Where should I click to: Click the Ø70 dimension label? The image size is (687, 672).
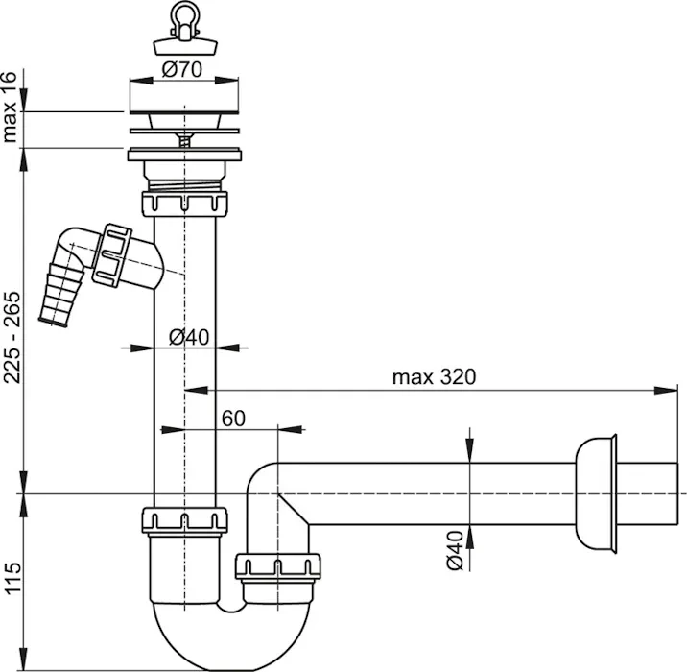tap(182, 69)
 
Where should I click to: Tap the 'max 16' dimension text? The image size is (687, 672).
tap(10, 107)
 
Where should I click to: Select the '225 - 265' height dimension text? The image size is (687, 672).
tap(12, 337)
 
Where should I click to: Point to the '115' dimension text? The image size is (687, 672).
tap(12, 578)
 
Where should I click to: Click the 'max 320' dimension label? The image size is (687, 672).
tap(434, 377)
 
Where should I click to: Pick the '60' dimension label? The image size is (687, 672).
tap(233, 419)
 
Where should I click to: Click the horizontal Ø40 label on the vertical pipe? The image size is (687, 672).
tap(189, 337)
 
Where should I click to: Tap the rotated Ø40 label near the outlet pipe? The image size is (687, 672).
tap(455, 551)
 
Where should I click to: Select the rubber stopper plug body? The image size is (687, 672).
tap(185, 46)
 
